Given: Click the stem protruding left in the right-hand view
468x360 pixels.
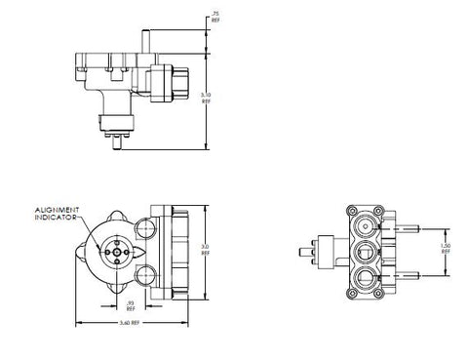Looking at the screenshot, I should [317, 251].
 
